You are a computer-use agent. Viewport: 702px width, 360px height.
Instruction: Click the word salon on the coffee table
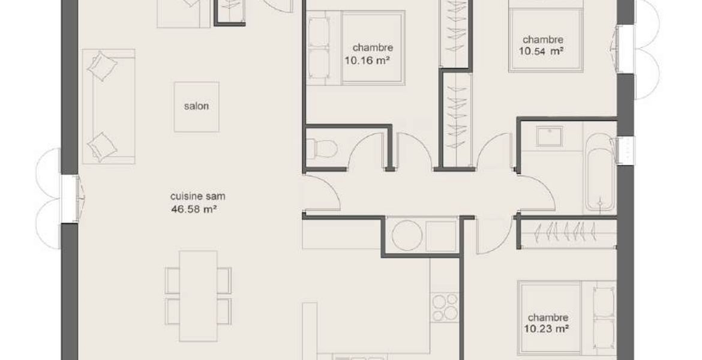click(x=196, y=107)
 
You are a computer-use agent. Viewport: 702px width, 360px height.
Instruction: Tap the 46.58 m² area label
click(x=194, y=208)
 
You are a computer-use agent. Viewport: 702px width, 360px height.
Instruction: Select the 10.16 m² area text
click(x=366, y=59)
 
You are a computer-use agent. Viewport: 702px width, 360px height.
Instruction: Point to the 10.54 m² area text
click(x=541, y=51)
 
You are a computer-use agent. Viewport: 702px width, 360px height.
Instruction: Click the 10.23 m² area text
click(x=546, y=329)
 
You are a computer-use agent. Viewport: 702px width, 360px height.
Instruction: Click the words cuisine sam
click(x=197, y=196)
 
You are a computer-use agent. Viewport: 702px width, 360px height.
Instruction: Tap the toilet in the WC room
click(x=322, y=149)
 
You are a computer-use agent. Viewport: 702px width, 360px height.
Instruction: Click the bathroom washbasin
click(x=550, y=137)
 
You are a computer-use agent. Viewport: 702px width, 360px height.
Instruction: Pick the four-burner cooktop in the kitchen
click(x=445, y=307)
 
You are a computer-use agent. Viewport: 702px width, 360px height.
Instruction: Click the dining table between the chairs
click(x=198, y=296)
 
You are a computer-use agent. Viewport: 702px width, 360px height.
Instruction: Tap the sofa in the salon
click(x=109, y=107)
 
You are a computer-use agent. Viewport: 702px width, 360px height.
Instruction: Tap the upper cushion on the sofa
click(x=103, y=66)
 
